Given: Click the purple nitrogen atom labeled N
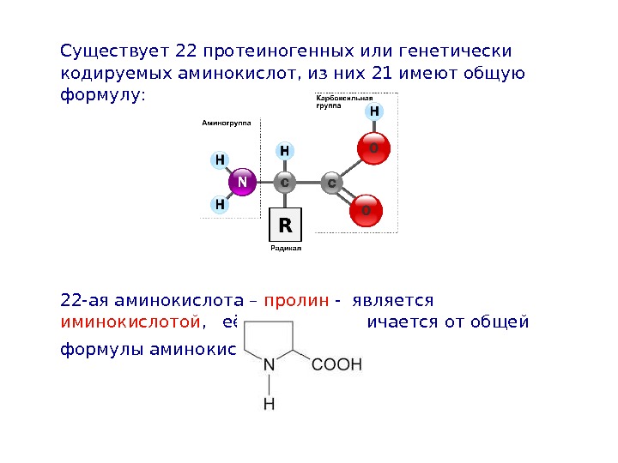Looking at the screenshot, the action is click(242, 183).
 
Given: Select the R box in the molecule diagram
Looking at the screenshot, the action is click(285, 225).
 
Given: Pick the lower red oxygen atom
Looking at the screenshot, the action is click(367, 210).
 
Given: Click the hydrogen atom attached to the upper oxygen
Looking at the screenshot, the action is click(374, 112).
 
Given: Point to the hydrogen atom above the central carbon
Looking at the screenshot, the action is click(285, 152).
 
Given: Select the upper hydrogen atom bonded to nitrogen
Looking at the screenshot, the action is click(220, 160).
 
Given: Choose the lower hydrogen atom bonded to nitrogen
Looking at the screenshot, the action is click(220, 205).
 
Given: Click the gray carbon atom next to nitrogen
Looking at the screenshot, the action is click(285, 183).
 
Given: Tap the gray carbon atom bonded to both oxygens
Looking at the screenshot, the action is click(330, 183).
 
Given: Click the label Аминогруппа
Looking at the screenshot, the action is click(226, 123).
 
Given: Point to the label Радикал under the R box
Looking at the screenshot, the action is click(285, 248).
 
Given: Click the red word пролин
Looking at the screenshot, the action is click(296, 302).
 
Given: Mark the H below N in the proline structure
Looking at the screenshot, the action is click(270, 402).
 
